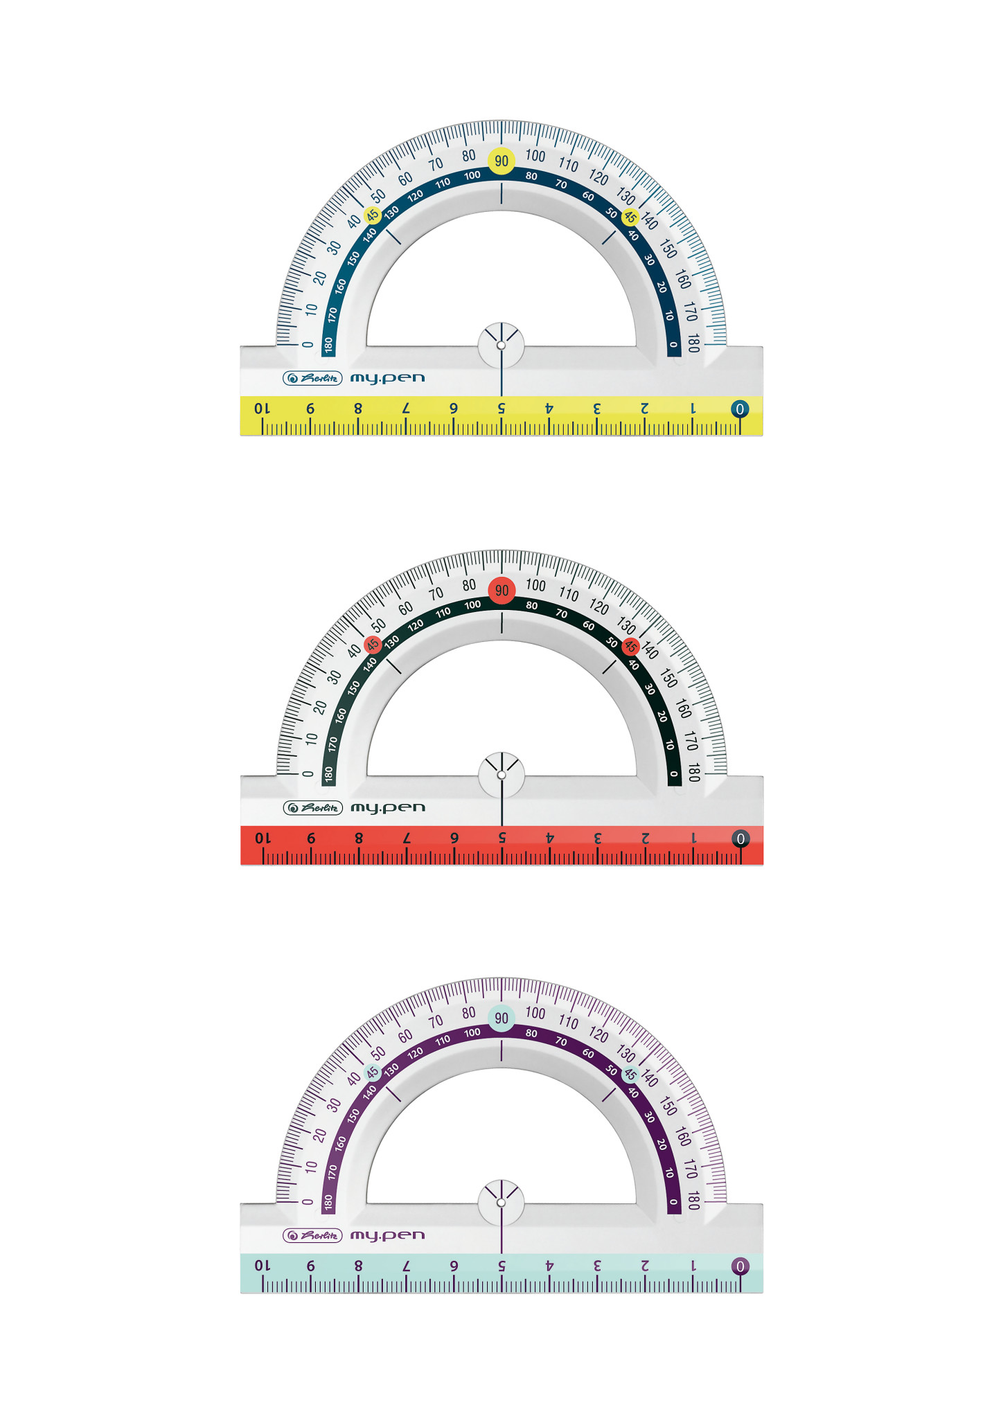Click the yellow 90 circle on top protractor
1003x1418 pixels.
(x=501, y=161)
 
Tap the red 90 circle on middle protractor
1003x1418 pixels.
(x=501, y=591)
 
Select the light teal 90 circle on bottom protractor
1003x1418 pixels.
(x=501, y=1018)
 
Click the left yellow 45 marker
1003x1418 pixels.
(x=373, y=215)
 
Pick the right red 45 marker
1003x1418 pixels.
(x=630, y=647)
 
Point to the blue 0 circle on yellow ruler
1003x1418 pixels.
(x=740, y=409)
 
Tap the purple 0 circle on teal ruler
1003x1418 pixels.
(x=740, y=1266)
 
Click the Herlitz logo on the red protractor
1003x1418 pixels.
(x=312, y=808)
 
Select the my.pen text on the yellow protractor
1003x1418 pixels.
(x=387, y=379)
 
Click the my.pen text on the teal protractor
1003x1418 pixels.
(x=387, y=1236)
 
